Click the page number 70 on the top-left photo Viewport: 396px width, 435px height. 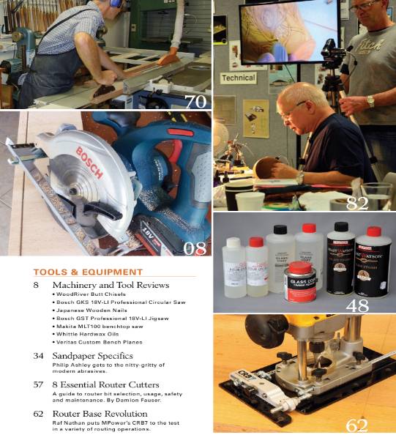195,101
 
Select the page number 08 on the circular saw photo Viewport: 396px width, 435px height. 194,248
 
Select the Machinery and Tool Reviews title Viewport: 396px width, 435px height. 111,284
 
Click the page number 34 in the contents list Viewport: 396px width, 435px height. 38,355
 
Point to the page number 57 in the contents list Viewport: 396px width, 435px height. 38,384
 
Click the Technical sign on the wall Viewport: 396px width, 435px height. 238,78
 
